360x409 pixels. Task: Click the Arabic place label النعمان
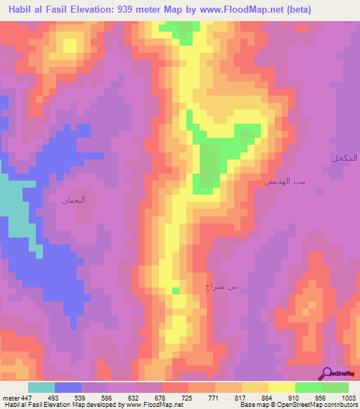pos(74,200)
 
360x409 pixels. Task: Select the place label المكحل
pos(345,158)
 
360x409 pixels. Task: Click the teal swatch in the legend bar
pos(41,387)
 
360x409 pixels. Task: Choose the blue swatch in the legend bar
pos(68,387)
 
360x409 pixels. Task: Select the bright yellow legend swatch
pos(282,387)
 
